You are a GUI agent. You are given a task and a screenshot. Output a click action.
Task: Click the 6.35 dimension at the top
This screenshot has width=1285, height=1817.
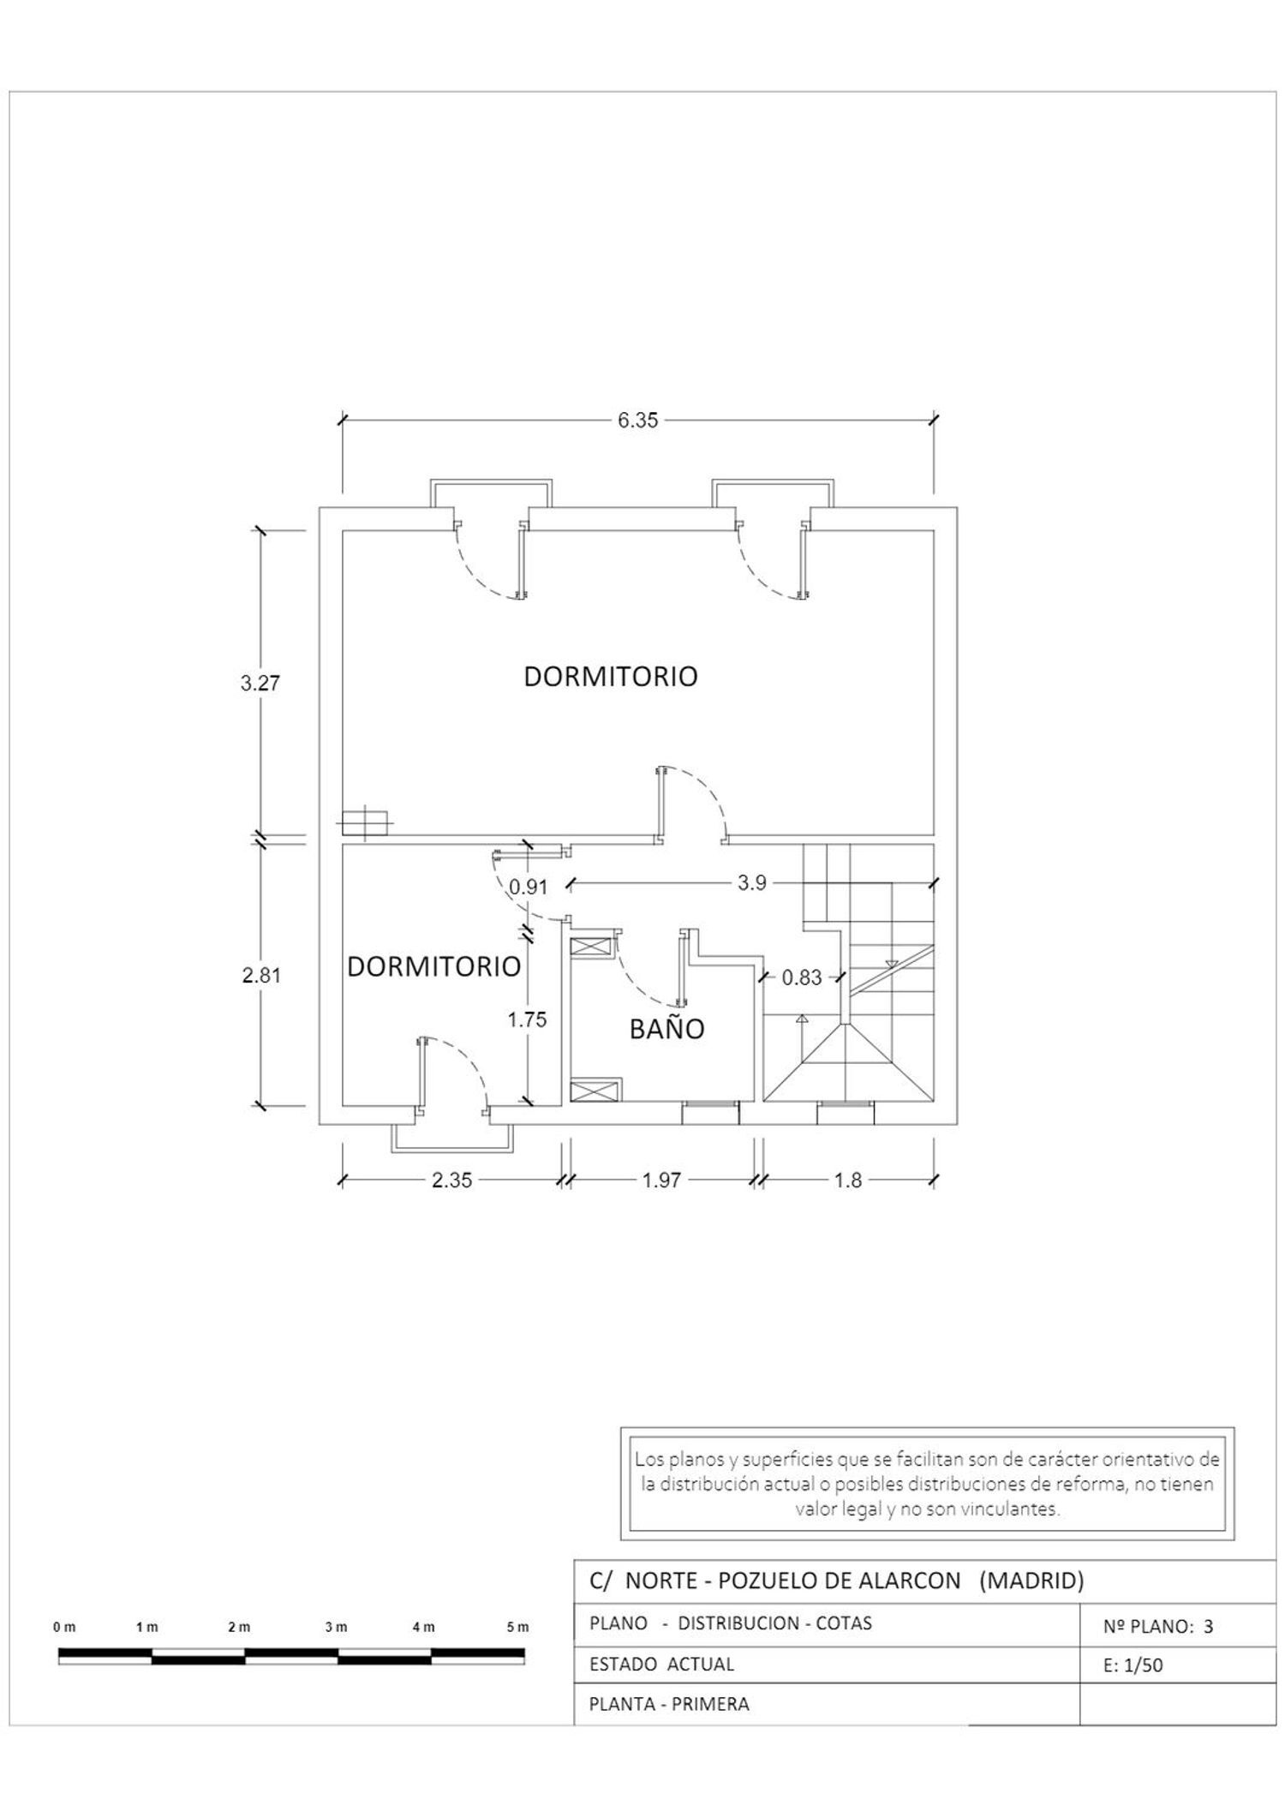pos(638,420)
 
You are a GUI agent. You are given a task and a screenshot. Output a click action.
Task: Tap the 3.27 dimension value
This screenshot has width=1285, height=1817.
pos(260,683)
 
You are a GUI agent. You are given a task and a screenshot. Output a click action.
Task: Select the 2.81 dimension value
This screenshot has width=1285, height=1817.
pos(261,975)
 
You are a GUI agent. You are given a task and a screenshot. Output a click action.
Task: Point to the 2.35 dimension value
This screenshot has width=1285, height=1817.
pos(451,1180)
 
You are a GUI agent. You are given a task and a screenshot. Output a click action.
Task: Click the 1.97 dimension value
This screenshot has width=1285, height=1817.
pos(661,1180)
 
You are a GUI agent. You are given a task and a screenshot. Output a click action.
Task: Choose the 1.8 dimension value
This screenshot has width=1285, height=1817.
pos(848,1180)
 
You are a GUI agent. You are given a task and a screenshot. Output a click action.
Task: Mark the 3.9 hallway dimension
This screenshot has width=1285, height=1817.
pos(752,882)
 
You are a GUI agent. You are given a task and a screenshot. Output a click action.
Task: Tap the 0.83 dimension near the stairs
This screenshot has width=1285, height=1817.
pos(802,977)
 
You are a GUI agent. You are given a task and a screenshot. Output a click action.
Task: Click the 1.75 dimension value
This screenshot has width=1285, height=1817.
pos(527,1019)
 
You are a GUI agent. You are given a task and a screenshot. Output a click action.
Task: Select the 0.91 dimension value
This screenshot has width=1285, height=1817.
pos(529,887)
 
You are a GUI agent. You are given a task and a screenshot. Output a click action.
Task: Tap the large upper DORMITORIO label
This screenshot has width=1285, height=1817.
pos(611,676)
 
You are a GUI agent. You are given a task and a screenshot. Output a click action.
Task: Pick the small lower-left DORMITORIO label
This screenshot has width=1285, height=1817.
pos(434,966)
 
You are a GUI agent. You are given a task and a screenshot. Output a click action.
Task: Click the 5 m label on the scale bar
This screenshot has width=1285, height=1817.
pos(517,1627)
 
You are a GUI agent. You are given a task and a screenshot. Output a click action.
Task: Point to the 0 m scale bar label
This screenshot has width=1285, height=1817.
pos(64,1627)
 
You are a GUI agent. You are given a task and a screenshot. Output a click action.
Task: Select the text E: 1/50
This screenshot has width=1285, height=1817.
pos(1133,1665)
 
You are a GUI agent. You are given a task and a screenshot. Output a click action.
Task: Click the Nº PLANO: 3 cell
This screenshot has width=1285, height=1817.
pos(1158,1626)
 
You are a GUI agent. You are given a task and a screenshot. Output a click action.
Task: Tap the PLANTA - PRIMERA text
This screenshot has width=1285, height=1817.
pos(669,1704)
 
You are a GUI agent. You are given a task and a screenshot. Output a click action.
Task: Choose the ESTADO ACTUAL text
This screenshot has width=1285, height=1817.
pos(661,1664)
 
